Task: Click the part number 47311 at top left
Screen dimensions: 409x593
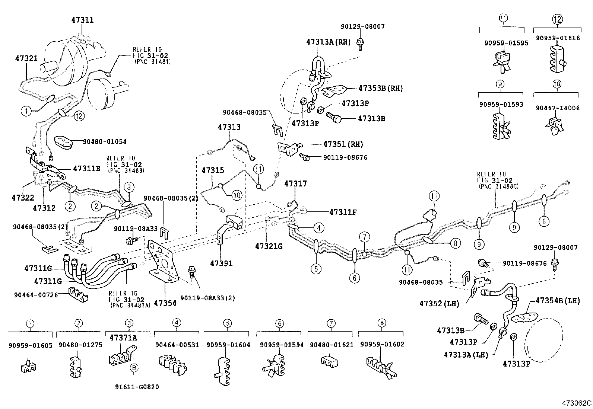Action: pyautogui.click(x=82, y=20)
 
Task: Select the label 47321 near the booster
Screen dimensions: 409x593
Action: pyautogui.click(x=26, y=58)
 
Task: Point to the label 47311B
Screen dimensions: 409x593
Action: pyautogui.click(x=87, y=169)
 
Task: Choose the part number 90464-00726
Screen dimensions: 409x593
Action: pyautogui.click(x=36, y=295)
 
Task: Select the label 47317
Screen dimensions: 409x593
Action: pyautogui.click(x=295, y=183)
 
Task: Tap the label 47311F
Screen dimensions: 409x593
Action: pyautogui.click(x=343, y=212)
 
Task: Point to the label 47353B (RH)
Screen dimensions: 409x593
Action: pyautogui.click(x=380, y=89)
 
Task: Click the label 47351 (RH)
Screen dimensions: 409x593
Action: pyautogui.click(x=343, y=144)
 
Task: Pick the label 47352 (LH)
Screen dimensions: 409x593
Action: pyautogui.click(x=439, y=303)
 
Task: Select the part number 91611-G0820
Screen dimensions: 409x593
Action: pyautogui.click(x=137, y=387)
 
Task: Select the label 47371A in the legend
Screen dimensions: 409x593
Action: pyautogui.click(x=123, y=338)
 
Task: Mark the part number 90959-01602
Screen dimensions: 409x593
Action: pyautogui.click(x=382, y=345)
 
